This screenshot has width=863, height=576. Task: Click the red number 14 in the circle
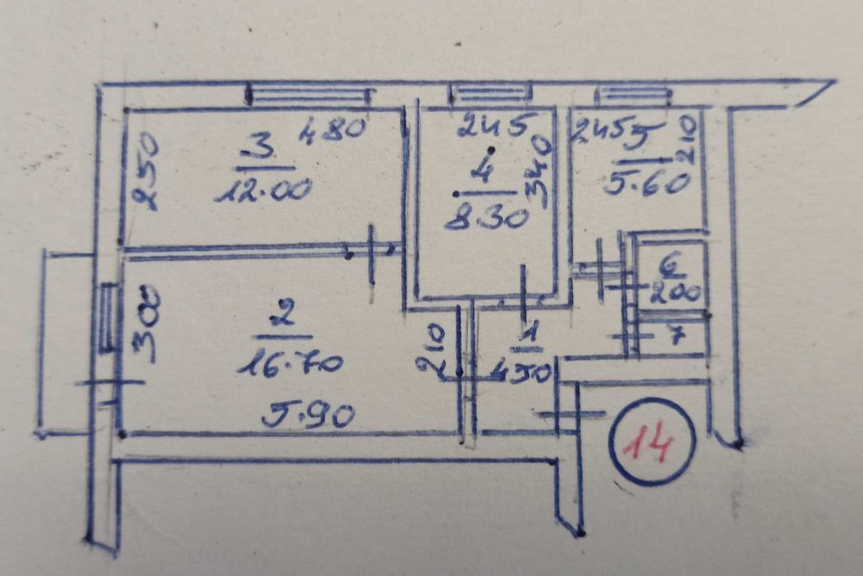pyautogui.click(x=652, y=443)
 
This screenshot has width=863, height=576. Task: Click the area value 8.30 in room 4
pyautogui.click(x=486, y=219)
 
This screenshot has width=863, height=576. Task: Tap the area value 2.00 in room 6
pyautogui.click(x=676, y=293)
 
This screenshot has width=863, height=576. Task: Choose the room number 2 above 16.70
pyautogui.click(x=280, y=317)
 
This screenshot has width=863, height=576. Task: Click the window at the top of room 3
pyautogui.click(x=308, y=94)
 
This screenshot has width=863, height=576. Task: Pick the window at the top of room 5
pyautogui.click(x=633, y=94)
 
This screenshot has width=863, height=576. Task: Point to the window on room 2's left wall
pyautogui.click(x=107, y=317)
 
